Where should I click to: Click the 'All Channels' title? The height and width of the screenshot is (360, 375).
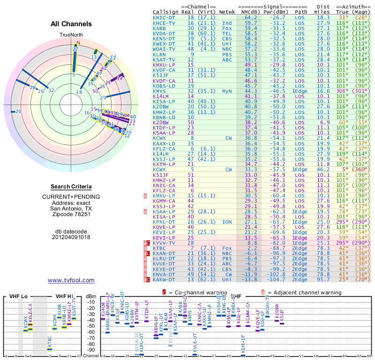pos(71,24)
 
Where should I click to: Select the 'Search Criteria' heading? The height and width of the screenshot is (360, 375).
pos(71,187)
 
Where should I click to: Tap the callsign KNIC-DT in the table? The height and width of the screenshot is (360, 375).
pos(164,17)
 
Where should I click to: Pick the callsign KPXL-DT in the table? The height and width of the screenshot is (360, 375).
pos(164,222)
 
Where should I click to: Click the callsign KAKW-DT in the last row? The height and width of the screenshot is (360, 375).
pos(164,280)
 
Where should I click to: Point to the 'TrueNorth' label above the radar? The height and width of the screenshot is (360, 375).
pos(71,35)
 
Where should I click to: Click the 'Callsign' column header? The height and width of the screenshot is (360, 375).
pos(166,11)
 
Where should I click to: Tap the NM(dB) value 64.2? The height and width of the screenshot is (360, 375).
pos(251,17)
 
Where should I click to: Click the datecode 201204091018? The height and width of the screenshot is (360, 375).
pos(71,237)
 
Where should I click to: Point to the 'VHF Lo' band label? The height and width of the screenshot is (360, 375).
pos(17,296)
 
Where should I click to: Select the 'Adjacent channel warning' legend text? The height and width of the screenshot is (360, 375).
pos(305,292)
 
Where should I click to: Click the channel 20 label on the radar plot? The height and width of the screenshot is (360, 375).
pos(18,111)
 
